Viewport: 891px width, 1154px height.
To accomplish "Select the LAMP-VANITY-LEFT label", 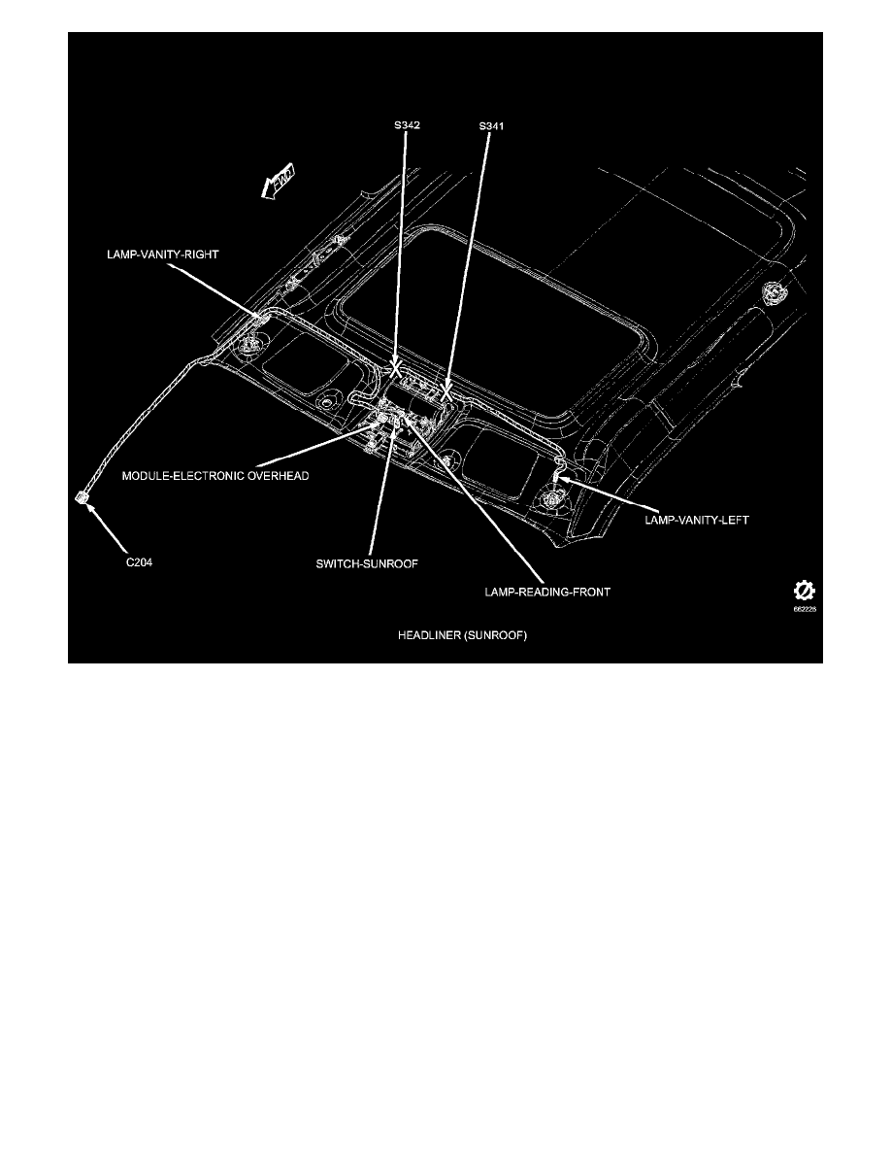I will [697, 520].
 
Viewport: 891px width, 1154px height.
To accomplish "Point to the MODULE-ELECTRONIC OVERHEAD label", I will [214, 477].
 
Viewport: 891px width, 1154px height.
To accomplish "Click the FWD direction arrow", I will [280, 183].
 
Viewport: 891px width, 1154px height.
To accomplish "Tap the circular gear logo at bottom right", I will [804, 591].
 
